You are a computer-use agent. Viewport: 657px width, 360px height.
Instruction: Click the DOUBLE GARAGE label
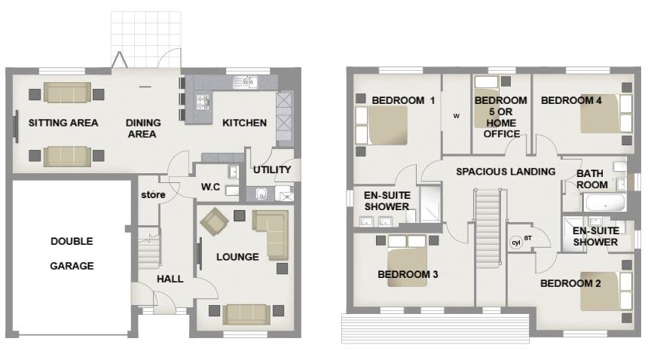[x=72, y=253]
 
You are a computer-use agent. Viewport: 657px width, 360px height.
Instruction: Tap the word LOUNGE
[x=237, y=257]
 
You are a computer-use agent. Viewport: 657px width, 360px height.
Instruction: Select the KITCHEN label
[x=244, y=123]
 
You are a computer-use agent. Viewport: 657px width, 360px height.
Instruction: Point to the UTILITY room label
[x=272, y=169]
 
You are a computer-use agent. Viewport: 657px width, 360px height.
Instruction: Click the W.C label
[x=210, y=187]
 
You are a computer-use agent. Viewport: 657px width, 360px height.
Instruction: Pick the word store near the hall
[x=153, y=194]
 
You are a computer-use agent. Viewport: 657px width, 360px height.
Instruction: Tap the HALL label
[x=170, y=279]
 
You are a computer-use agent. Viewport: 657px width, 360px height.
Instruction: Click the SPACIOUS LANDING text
[x=506, y=172]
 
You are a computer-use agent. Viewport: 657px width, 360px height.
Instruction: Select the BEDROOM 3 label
[x=408, y=274]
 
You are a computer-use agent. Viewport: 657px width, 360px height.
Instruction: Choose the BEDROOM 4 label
[x=571, y=100]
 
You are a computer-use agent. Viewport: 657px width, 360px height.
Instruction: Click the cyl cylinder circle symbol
[x=516, y=243]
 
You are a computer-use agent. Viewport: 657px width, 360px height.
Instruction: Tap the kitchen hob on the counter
[x=203, y=102]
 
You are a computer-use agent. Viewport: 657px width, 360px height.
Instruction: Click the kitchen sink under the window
[x=245, y=82]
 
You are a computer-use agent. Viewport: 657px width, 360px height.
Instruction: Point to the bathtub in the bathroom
[x=604, y=203]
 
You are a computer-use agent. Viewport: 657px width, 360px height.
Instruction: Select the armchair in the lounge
[x=214, y=221]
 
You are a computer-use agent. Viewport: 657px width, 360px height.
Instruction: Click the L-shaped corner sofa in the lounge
[x=270, y=234]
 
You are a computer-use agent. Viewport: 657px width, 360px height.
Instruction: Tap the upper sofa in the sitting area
[x=67, y=93]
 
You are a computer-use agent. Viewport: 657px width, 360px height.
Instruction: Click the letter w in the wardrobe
[x=457, y=116]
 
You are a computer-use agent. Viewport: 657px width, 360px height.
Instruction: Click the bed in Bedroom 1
[x=382, y=125]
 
